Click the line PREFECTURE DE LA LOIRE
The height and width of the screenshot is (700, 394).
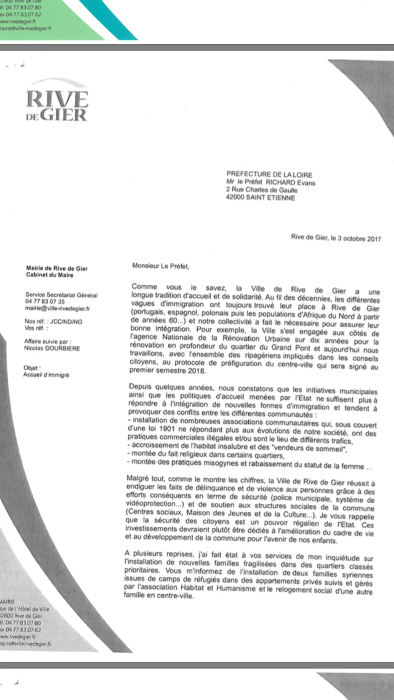pyautogui.click(x=269, y=175)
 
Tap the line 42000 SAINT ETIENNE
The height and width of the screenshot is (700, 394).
pyautogui.click(x=260, y=197)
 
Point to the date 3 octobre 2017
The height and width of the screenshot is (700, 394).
pyautogui.click(x=359, y=239)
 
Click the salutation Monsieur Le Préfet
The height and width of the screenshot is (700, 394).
pyautogui.click(x=160, y=266)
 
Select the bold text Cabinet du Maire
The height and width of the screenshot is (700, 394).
pyautogui.click(x=50, y=275)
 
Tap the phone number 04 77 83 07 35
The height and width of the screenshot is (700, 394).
pyautogui.click(x=45, y=301)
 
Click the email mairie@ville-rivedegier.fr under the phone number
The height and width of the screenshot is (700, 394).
pyautogui.click(x=57, y=308)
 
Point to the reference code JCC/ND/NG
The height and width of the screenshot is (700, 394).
pyautogui.click(x=66, y=322)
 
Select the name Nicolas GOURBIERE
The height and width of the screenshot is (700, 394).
pyautogui.click(x=52, y=348)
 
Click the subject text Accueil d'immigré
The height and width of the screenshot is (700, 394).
pyautogui.click(x=46, y=375)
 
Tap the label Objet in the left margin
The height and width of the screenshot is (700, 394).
pyautogui.click(x=32, y=368)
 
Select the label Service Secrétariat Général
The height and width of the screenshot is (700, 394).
pyautogui.click(x=61, y=295)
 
